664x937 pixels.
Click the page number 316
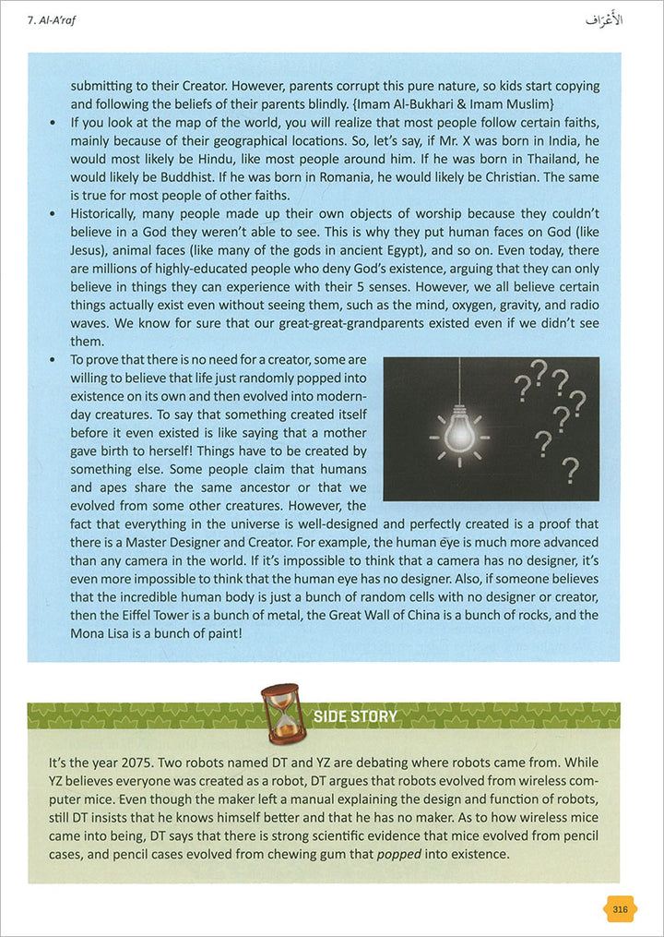click(620, 909)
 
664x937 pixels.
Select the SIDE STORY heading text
click(355, 716)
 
